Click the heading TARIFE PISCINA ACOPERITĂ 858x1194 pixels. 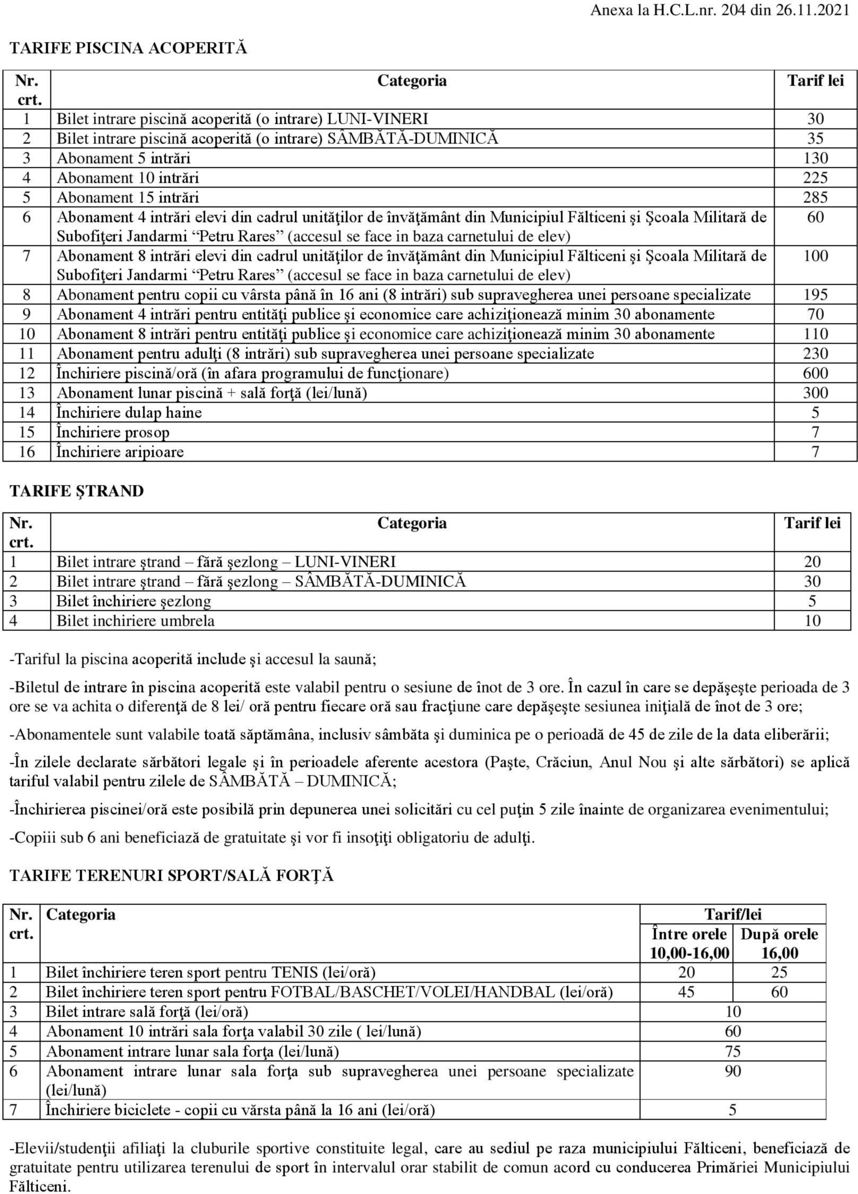(x=128, y=48)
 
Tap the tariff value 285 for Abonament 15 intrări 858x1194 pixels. (x=815, y=198)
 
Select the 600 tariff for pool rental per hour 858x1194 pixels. (x=815, y=373)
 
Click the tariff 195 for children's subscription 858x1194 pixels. (x=815, y=295)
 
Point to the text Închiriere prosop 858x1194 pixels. (x=113, y=432)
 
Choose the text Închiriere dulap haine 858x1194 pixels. (x=129, y=413)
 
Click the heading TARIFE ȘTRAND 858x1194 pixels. (x=77, y=491)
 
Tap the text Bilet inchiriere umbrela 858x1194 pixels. (x=135, y=620)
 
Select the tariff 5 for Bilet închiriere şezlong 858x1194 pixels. (x=812, y=601)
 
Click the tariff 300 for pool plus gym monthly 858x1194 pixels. (x=815, y=393)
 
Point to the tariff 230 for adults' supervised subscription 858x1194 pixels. (x=815, y=354)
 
